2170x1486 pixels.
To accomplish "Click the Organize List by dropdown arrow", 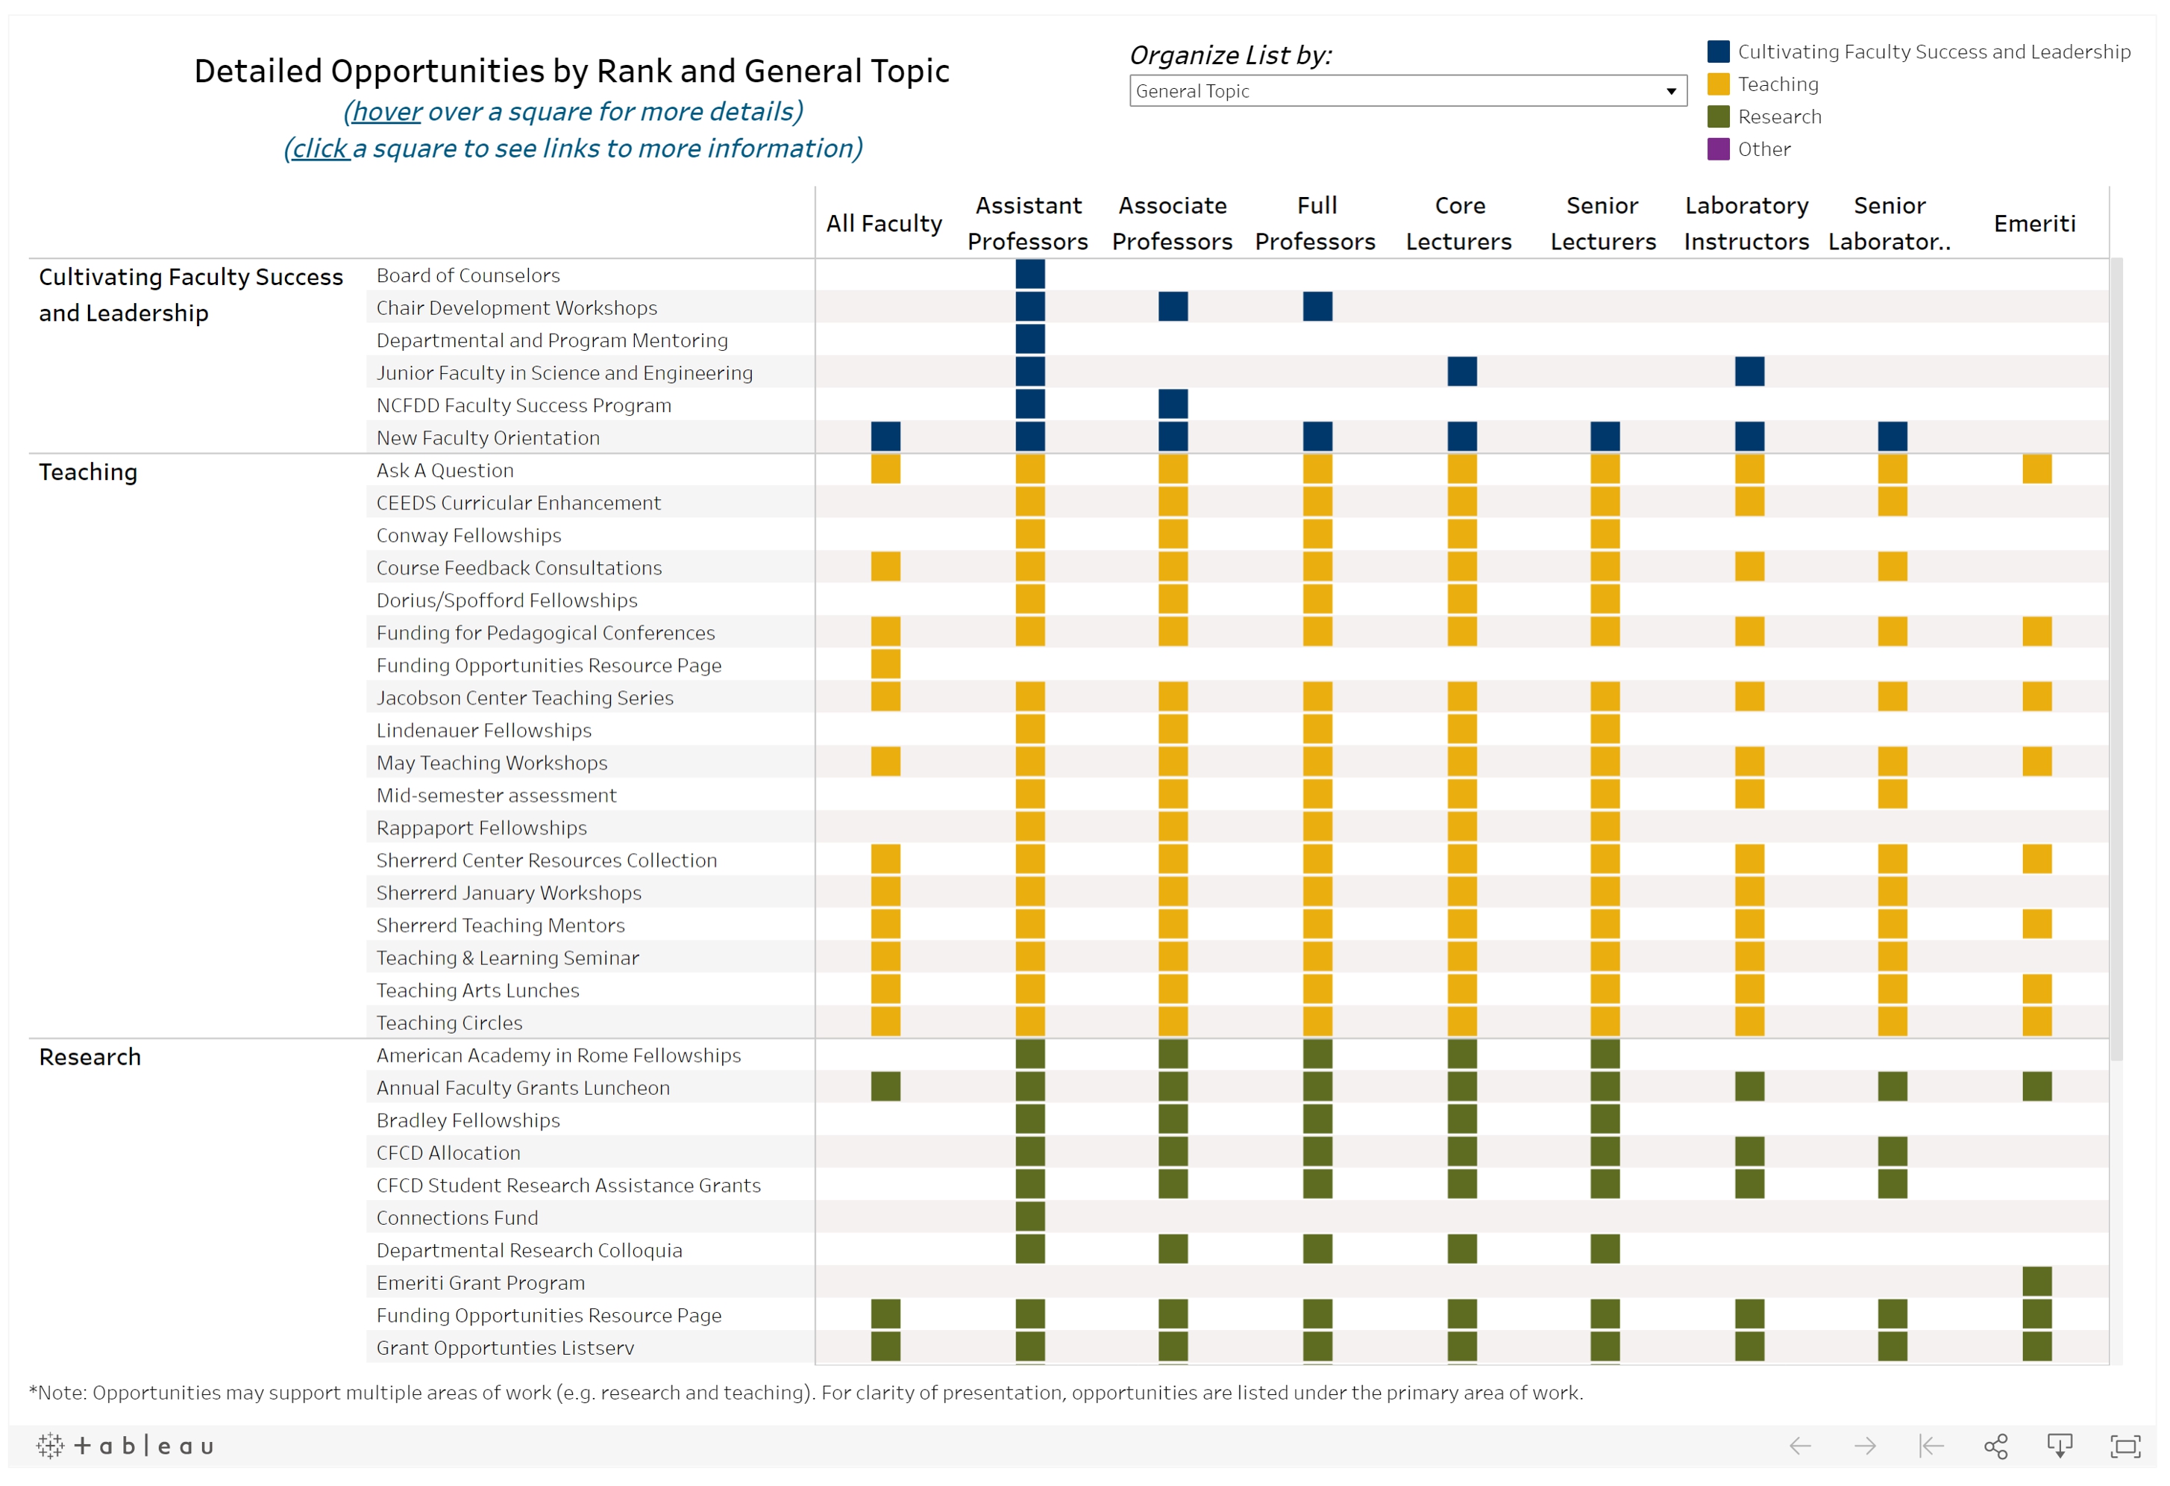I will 1670,92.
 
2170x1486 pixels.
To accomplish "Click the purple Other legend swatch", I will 1718,149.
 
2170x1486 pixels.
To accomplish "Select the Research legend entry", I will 1779,116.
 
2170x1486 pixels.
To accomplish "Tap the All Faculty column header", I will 883,224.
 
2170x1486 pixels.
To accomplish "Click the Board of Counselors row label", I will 468,275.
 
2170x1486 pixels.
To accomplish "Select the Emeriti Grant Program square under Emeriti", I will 2036,1281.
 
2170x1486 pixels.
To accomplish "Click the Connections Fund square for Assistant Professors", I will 1030,1216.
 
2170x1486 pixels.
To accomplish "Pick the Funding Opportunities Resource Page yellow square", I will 885,664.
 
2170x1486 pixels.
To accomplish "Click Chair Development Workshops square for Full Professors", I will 1317,306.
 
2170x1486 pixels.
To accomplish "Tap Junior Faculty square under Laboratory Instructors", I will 1749,372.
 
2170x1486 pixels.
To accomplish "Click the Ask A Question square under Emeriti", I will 2036,469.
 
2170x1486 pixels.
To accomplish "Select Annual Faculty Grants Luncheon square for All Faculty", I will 885,1086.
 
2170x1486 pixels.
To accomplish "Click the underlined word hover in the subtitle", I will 386,112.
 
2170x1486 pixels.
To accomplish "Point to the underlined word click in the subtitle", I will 319,149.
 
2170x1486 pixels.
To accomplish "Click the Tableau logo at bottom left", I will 125,1446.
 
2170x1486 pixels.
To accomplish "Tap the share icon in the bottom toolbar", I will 1995,1446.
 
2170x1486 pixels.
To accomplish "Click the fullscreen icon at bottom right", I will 2125,1446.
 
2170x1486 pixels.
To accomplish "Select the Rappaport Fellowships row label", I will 481,828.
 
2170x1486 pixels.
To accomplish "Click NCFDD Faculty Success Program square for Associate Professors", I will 1173,405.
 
